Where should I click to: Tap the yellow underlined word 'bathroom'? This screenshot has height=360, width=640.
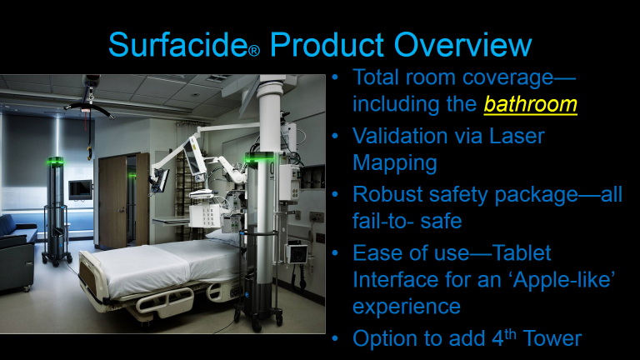(x=532, y=105)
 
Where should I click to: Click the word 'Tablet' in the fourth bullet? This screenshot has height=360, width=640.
(x=517, y=252)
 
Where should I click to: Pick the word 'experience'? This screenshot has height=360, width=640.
(x=407, y=307)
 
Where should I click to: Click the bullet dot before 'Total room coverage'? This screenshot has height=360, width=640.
(x=335, y=77)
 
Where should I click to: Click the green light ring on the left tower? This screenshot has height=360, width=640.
(x=55, y=162)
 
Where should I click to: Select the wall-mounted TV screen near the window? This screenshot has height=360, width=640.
(x=80, y=189)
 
